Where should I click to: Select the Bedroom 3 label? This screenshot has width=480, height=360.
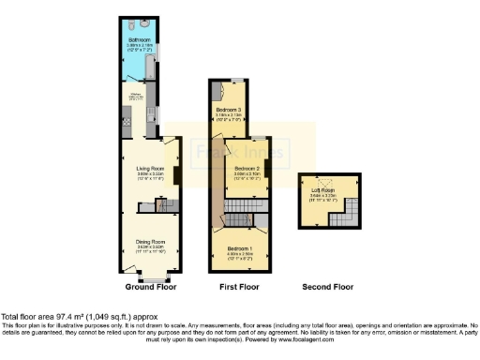tap(229, 111)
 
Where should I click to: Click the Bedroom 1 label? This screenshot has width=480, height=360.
tap(239, 248)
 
